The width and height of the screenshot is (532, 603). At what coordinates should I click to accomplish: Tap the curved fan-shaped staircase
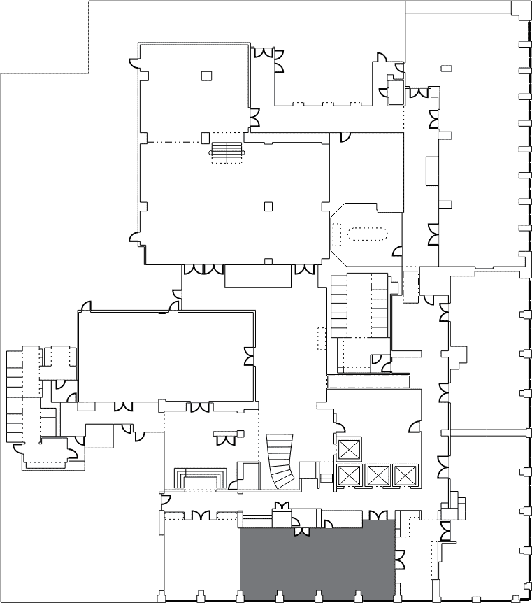[x=281, y=460]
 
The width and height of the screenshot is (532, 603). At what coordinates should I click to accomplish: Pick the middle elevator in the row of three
[x=377, y=475]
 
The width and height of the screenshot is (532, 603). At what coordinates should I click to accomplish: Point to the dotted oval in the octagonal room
[x=368, y=233]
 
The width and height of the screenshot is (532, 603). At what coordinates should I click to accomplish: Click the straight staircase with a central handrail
[x=227, y=152]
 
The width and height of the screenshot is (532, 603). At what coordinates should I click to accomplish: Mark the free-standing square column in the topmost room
[x=206, y=76]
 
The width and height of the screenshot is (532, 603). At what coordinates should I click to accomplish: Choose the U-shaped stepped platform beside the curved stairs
[x=203, y=478]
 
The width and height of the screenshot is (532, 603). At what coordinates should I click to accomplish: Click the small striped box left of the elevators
[x=326, y=478]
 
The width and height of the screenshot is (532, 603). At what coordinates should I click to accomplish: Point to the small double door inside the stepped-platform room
[x=227, y=439]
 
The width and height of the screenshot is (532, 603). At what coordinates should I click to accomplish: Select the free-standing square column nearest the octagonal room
[x=268, y=206]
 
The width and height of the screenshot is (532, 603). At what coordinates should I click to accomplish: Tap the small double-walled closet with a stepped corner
[x=396, y=92]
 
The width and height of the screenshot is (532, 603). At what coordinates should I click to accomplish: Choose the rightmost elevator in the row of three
[x=404, y=475]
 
